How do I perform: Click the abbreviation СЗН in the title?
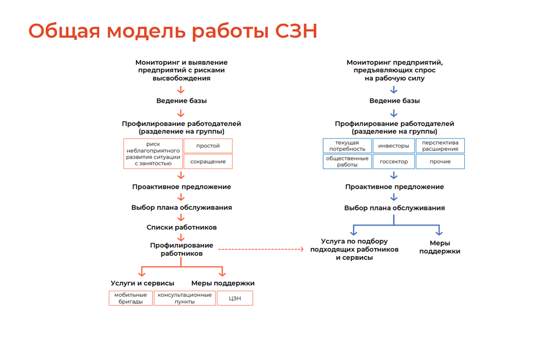[297, 31]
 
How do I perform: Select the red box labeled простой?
[208, 146]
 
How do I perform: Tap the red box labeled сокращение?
[208, 162]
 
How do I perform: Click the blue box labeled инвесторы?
[393, 146]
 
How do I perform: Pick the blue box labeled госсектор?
[393, 162]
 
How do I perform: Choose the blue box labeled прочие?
[440, 162]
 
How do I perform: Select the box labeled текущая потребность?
[347, 146]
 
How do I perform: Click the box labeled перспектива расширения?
[440, 146]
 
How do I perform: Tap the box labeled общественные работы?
[347, 162]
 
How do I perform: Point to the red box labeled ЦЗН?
[235, 298]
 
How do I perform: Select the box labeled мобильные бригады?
[130, 298]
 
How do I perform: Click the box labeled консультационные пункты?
[185, 298]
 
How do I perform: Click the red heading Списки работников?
[182, 227]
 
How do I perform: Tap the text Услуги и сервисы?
[143, 283]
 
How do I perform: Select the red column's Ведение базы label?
[182, 101]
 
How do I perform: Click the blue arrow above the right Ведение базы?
[394, 90]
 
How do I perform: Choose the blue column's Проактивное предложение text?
[394, 187]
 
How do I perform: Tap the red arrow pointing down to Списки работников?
[181, 217]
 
